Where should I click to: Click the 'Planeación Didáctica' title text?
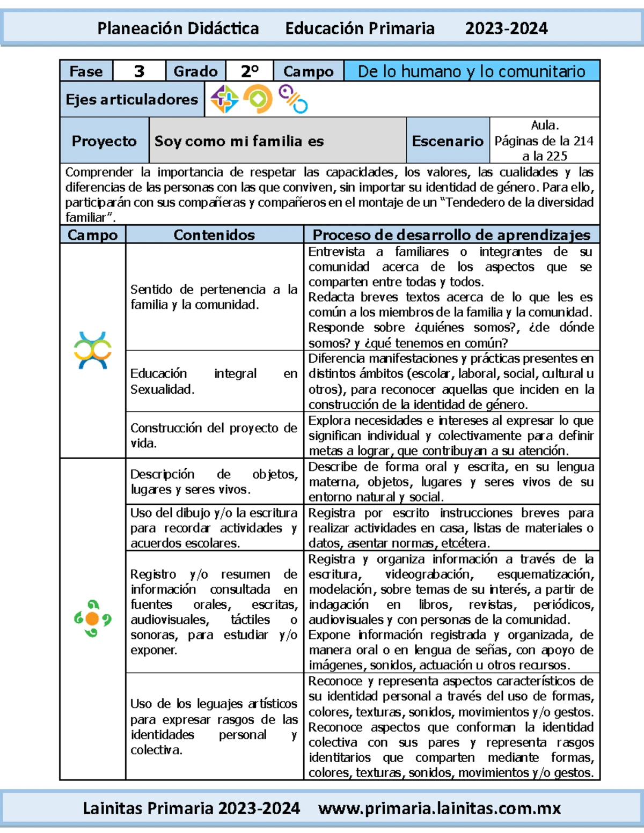178,28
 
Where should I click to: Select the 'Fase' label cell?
86,71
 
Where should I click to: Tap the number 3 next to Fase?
139,71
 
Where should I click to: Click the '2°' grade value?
250,71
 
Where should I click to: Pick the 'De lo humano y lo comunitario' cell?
471,71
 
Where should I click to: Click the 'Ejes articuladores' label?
132,100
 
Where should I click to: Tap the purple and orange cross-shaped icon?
224,99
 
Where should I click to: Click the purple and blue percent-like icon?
293,99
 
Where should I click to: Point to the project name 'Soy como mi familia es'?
239,141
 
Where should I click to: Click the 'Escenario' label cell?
448,141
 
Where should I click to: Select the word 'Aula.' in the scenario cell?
545,126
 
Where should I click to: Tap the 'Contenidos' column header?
214,235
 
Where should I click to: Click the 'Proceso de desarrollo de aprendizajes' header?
451,235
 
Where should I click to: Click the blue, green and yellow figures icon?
93,350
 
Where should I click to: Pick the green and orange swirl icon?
92,618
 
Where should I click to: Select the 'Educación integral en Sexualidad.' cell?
214,381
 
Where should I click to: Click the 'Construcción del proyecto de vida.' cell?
214,436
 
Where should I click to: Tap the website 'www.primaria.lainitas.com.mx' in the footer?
439,808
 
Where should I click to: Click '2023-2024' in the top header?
506,28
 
